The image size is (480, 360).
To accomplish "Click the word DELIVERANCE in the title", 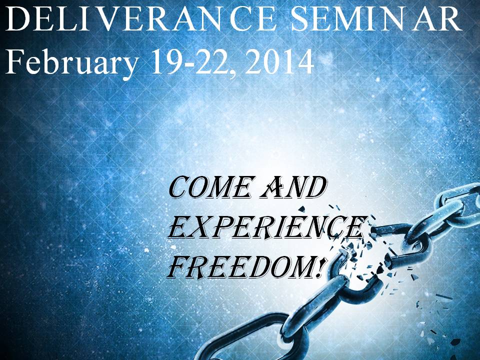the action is pos(141,19).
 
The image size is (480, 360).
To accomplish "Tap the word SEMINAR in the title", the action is pos(376,19).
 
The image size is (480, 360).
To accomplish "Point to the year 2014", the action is pos(279,62).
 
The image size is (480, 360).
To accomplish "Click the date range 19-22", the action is pos(192,62).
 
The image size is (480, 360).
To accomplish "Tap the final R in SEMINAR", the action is pos(449,19).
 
